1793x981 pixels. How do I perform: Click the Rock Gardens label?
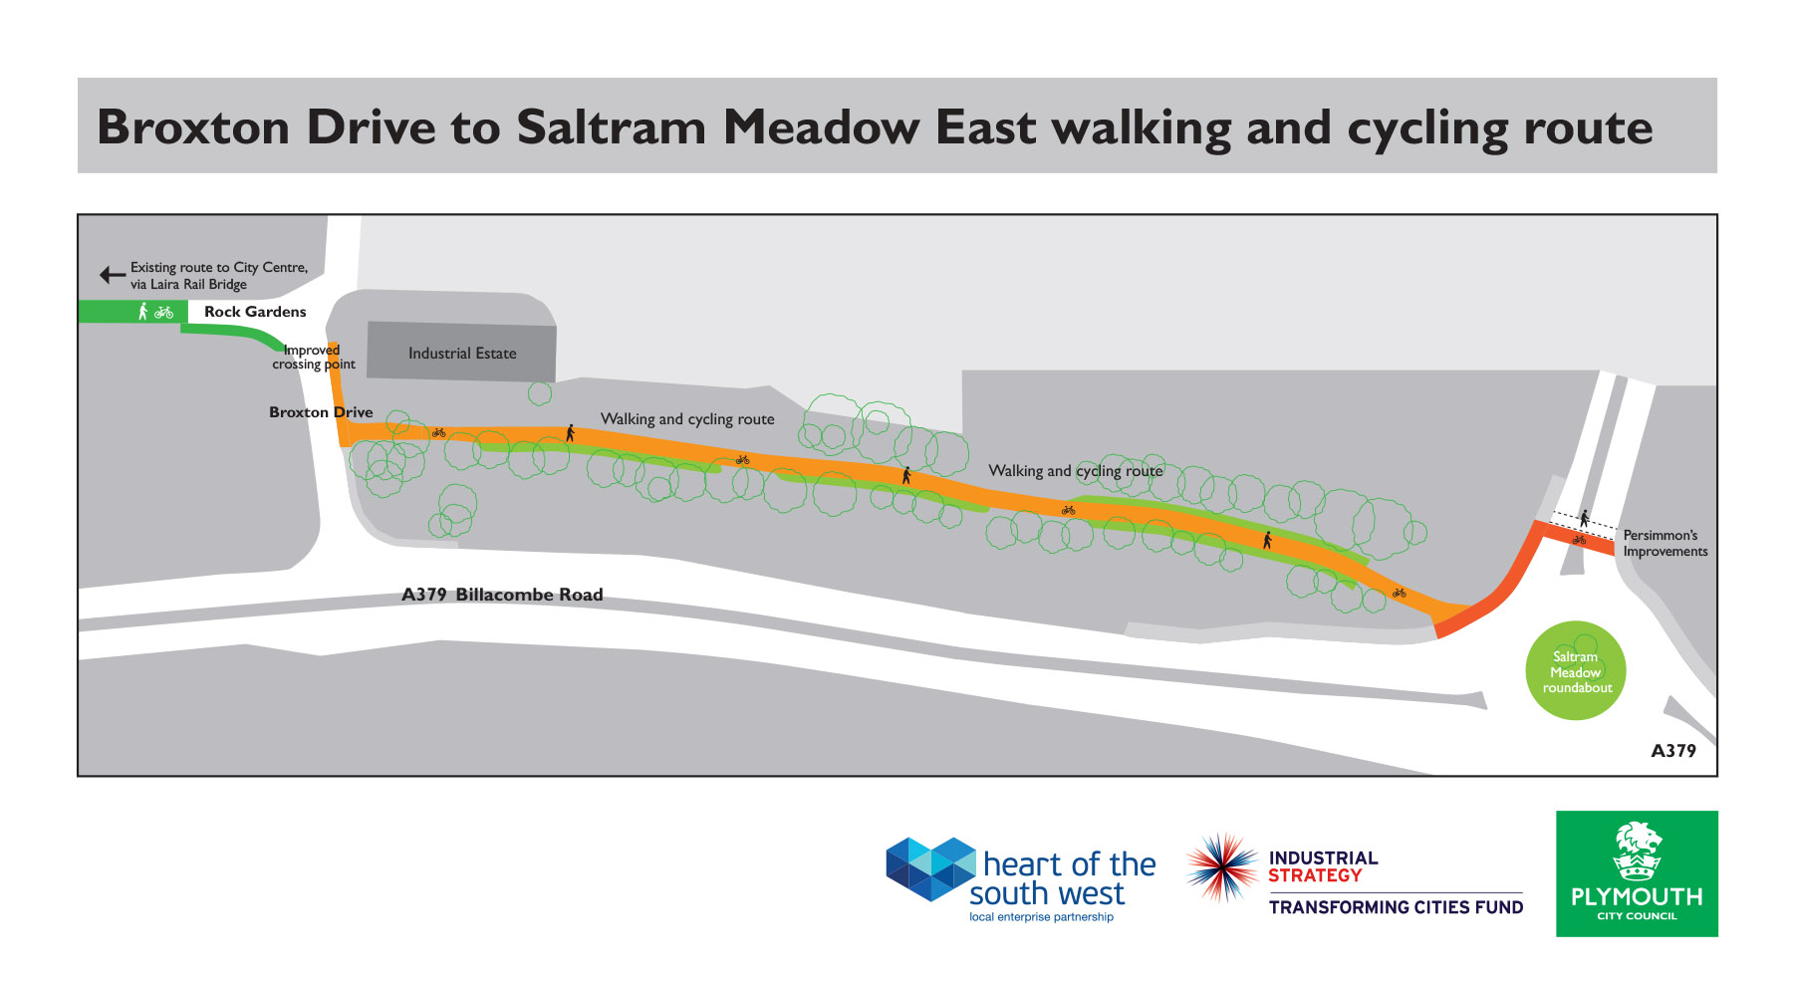click(255, 312)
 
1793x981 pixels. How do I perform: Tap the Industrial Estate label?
click(462, 354)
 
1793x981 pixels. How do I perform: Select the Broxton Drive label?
click(321, 412)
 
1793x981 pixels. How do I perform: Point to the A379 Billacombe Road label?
click(502, 595)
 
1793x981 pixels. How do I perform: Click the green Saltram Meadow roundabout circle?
click(1576, 671)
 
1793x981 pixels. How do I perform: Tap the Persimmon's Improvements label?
click(1665, 543)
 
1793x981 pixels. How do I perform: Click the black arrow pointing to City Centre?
click(112, 275)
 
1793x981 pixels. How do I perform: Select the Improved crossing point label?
click(313, 358)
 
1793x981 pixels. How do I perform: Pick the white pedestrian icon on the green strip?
click(142, 312)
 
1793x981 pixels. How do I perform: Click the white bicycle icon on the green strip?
click(164, 313)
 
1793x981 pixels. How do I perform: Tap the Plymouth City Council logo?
click(1637, 873)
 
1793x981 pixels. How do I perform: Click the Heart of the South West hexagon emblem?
click(930, 868)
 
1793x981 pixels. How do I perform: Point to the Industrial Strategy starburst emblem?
click(1222, 866)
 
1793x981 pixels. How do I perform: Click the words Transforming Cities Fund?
click(1396, 907)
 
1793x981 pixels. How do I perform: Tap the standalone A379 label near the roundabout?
click(1673, 751)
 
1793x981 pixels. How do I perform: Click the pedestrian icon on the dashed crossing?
click(1584, 518)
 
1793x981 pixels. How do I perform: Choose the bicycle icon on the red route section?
click(1579, 540)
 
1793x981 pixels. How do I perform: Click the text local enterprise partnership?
click(1041, 917)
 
